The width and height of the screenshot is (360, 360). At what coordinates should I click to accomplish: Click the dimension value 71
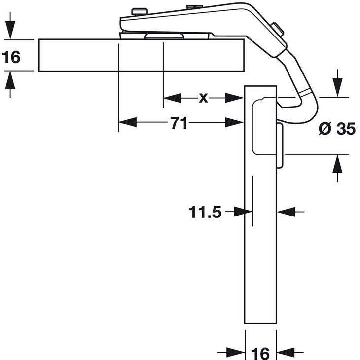pyautogui.click(x=179, y=123)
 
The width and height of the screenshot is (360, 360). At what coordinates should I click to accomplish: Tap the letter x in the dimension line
pyautogui.click(x=203, y=98)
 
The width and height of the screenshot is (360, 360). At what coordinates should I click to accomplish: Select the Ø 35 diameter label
pyautogui.click(x=337, y=129)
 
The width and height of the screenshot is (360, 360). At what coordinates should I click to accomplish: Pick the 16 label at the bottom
pyautogui.click(x=260, y=353)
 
